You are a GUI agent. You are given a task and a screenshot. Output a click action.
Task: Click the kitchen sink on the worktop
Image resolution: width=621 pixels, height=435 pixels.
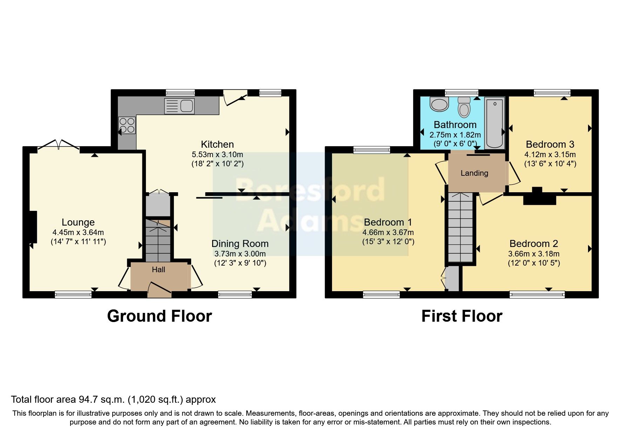pyautogui.click(x=179, y=106)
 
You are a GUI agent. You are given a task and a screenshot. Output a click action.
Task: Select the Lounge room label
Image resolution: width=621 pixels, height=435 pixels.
pyautogui.click(x=78, y=222)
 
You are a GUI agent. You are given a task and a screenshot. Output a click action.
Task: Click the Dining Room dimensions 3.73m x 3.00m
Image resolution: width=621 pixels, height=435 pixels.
pyautogui.click(x=240, y=254)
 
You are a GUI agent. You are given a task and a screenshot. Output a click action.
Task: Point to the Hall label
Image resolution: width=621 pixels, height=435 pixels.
pyautogui.click(x=158, y=269)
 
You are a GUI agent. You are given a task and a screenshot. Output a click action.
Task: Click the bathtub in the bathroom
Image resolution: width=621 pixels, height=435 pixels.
pyautogui.click(x=494, y=123)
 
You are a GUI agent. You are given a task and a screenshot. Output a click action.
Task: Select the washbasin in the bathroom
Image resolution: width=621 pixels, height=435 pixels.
pyautogui.click(x=439, y=104)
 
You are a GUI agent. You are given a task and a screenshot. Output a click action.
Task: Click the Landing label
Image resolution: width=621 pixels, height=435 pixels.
pyautogui.click(x=474, y=173)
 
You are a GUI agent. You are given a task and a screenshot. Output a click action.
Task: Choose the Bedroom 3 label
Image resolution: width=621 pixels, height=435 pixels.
pyautogui.click(x=550, y=144)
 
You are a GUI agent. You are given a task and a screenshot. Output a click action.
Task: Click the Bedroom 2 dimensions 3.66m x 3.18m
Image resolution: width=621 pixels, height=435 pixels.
pyautogui.click(x=534, y=254)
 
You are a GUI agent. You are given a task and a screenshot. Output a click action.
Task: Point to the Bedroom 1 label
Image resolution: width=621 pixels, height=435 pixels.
pyautogui.click(x=388, y=222)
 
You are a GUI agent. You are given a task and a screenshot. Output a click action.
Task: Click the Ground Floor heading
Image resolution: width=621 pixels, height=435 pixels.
pyautogui.click(x=159, y=316)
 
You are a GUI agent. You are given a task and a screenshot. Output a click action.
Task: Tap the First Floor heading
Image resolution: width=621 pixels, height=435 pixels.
pyautogui.click(x=461, y=316)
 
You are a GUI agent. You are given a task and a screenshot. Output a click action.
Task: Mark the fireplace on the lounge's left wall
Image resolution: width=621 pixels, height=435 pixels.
pyautogui.click(x=33, y=227)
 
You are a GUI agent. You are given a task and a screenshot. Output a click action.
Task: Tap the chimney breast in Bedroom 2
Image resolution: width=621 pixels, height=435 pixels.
pyautogui.click(x=539, y=198)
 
